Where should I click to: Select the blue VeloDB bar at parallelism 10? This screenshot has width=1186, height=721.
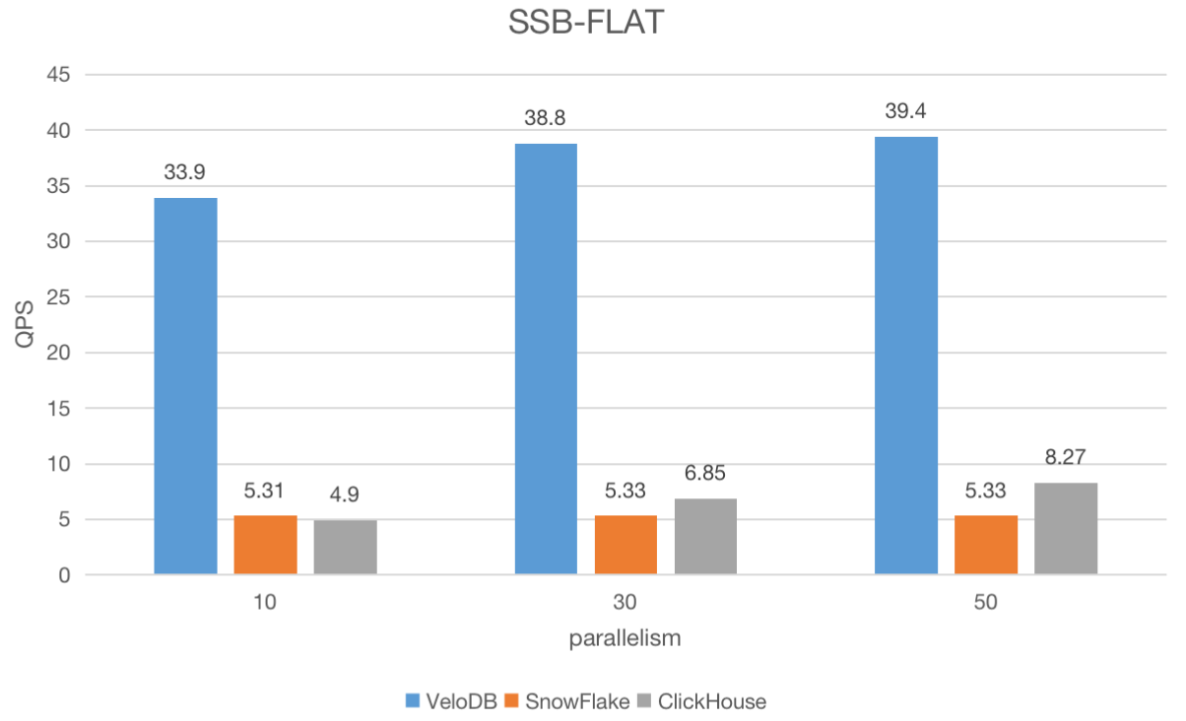(185, 386)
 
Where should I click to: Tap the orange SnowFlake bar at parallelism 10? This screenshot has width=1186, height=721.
(265, 545)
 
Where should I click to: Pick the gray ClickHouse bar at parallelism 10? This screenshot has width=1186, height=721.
(345, 547)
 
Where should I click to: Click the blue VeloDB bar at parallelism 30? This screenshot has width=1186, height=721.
(546, 360)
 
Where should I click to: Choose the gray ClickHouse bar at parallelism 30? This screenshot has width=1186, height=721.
(705, 536)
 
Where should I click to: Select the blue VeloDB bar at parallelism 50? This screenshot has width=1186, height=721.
(906, 356)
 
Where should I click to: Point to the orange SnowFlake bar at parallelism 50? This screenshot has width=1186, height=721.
(986, 545)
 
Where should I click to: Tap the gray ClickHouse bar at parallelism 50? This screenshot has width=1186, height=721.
(1066, 528)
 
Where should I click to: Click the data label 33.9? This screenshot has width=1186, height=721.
(185, 173)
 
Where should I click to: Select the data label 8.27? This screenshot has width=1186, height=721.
(1066, 458)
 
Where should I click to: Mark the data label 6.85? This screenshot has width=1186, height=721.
(705, 474)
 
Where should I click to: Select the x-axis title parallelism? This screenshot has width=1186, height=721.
(626, 638)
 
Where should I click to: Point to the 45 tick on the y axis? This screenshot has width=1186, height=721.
(60, 75)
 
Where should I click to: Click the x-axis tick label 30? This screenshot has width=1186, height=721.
(626, 602)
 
